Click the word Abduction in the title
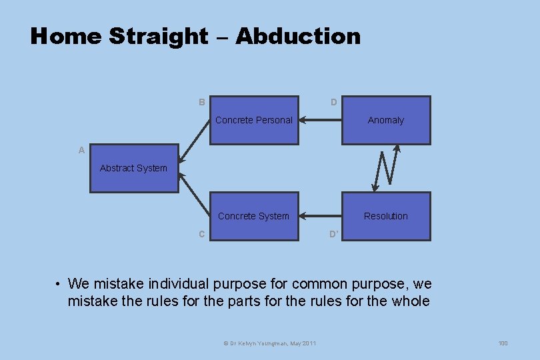tap(297, 36)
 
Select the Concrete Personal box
tap(254, 121)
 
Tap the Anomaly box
tap(386, 121)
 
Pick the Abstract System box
tap(134, 169)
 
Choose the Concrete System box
tap(254, 216)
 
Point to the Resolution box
tap(386, 216)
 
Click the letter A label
tap(81, 151)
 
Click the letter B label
tap(201, 103)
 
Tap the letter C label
tap(201, 234)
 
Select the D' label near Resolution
tap(334, 234)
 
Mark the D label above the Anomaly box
tap(333, 103)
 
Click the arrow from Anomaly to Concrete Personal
tap(320, 121)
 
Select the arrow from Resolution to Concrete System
tap(320, 216)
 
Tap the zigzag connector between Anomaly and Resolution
tap(385, 169)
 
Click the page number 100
tap(503, 343)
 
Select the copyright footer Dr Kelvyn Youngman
tap(269, 343)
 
